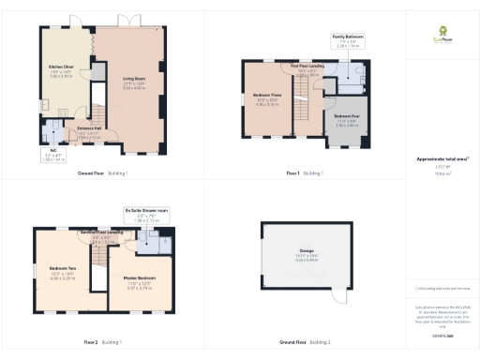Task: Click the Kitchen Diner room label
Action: click(x=61, y=71)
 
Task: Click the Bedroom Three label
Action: click(x=268, y=100)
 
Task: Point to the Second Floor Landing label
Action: click(x=101, y=233)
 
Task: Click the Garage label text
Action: click(x=307, y=254)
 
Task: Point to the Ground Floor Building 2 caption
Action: click(x=305, y=342)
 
